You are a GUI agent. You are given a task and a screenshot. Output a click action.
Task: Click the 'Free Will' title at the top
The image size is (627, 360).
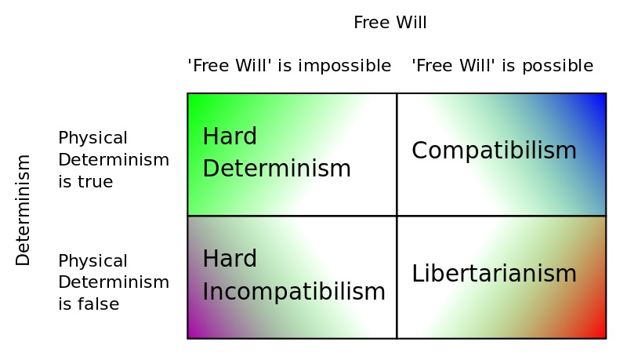390,23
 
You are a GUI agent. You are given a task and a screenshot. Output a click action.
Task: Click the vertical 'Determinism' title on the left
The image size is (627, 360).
23,210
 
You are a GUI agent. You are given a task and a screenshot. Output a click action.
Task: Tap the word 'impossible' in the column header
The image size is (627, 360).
345,66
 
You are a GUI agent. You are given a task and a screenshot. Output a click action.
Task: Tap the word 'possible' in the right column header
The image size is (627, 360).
558,66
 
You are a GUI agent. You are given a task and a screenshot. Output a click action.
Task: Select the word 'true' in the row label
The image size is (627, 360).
95,182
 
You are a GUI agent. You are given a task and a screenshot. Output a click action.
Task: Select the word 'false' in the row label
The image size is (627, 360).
99,304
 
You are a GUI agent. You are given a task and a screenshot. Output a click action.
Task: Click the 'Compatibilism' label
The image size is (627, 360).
495,151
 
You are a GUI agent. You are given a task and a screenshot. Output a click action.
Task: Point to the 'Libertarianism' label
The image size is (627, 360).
495,274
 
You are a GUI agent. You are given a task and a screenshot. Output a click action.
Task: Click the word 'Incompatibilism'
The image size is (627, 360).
294,292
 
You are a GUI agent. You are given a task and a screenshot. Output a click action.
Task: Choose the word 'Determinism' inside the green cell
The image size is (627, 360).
277,169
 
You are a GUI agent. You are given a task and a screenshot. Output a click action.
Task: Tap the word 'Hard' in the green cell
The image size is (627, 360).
230,136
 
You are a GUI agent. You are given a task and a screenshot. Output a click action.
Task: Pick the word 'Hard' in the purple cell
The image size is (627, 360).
230,259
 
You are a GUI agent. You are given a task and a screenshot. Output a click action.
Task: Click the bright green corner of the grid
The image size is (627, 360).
189,95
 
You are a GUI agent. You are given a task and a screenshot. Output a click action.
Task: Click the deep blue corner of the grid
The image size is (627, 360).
604,95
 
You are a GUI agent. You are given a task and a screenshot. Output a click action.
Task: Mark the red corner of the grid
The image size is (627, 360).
604,337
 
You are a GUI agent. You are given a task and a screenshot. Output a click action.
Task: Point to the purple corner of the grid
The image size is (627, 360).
189,337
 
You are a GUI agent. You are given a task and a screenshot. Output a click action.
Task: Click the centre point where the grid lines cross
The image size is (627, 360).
397,216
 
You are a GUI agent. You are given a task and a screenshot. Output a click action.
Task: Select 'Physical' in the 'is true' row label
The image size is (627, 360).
92,138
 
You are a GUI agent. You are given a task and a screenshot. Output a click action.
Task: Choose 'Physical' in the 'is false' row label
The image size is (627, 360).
92,261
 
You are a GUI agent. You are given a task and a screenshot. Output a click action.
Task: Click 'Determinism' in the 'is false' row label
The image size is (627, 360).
114,282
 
